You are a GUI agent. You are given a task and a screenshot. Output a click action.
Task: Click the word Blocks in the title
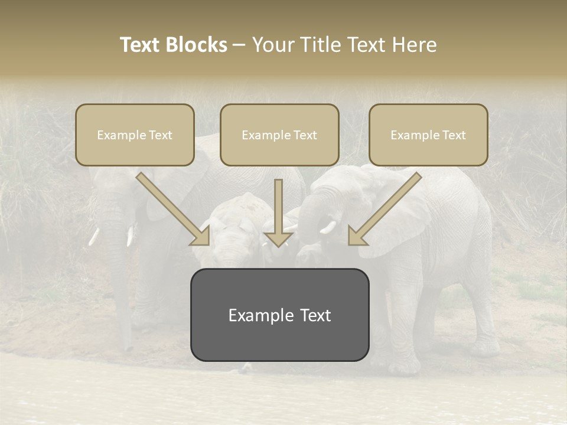[x=197, y=45]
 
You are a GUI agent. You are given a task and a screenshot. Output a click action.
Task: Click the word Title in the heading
[x=317, y=45]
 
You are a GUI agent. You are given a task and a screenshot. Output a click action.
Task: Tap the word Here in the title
[x=416, y=45]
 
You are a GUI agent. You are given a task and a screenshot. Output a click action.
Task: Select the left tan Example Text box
[x=135, y=135]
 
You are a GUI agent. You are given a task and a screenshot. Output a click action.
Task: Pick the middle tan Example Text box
[x=279, y=135]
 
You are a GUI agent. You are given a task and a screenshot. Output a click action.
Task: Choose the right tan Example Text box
[x=428, y=135]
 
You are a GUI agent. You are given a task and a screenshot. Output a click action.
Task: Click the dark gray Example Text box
[x=279, y=315]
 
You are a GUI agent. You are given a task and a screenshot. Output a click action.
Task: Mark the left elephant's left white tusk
[x=93, y=236]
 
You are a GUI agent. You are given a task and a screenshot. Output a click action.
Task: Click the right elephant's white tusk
[x=328, y=227]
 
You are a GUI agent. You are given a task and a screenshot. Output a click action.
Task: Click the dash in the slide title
[x=239, y=45]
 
